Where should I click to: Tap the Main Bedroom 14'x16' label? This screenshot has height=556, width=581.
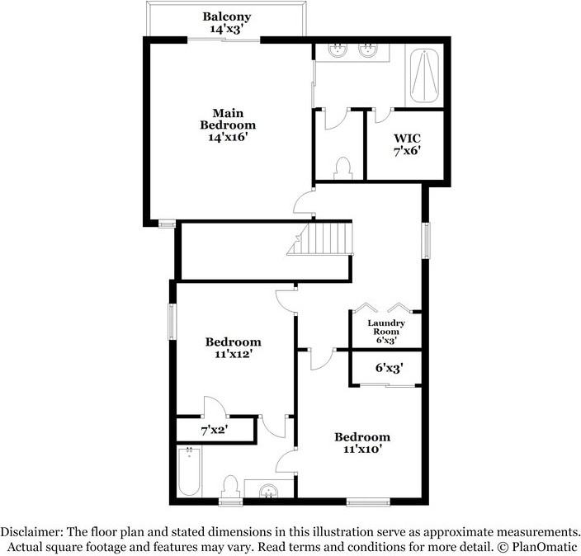point(227,125)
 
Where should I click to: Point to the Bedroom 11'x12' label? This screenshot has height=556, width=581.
point(233,347)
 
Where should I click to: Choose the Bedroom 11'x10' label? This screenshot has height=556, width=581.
point(361,444)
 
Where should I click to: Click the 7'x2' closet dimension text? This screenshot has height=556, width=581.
point(214,430)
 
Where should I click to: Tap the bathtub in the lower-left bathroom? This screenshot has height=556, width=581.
point(189,471)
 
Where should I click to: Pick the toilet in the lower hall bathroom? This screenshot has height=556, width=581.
point(231,488)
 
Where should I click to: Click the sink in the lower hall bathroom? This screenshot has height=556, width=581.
point(268,492)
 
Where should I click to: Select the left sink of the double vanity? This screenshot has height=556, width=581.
point(338,51)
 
